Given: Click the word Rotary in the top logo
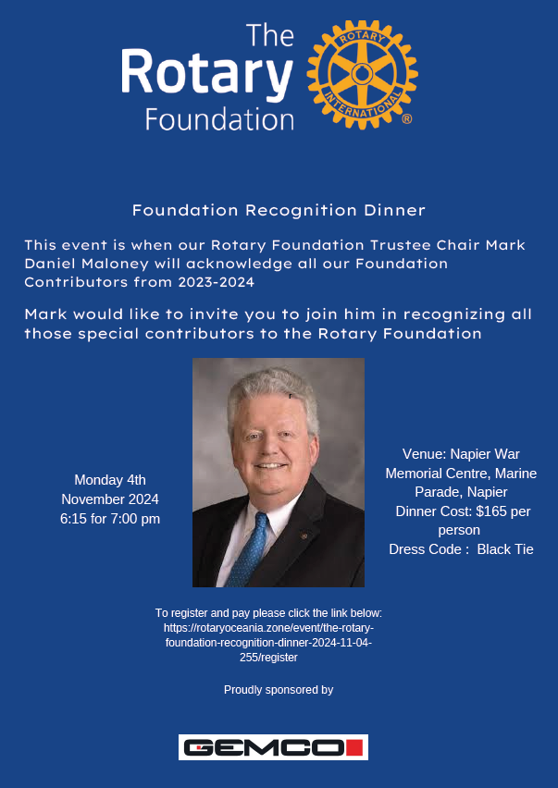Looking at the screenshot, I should click(x=206, y=74).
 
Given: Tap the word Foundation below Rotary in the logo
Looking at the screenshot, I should click(x=219, y=119).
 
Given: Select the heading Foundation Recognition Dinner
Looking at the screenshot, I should click(x=279, y=210).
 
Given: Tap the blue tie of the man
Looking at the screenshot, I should click(x=250, y=545).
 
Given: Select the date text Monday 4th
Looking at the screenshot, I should click(x=110, y=479).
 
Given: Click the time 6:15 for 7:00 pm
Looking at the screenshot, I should click(x=110, y=519).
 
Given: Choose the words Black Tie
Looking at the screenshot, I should click(x=505, y=549).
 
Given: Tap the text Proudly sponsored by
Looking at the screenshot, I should click(x=279, y=689).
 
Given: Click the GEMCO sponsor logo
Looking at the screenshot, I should click(x=273, y=747).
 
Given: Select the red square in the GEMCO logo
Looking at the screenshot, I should click(x=355, y=747).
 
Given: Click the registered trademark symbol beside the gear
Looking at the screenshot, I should click(x=406, y=119).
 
